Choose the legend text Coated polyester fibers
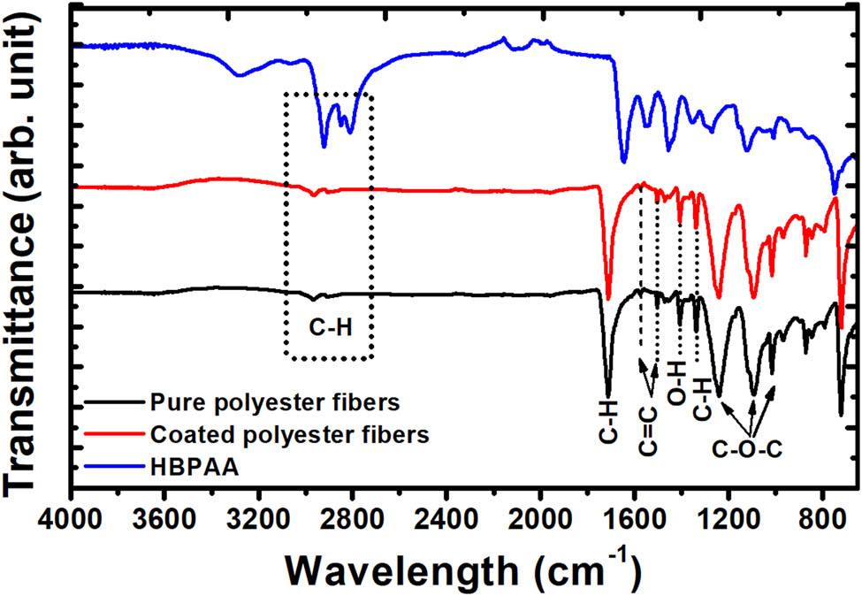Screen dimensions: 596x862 tap(290, 434)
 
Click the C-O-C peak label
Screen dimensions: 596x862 tap(746, 447)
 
